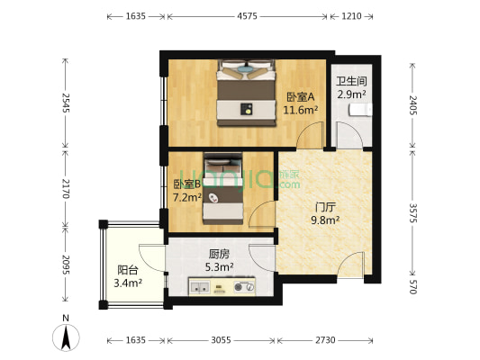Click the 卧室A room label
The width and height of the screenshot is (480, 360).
[x=300, y=97]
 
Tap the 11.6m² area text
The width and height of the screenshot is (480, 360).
[x=300, y=111]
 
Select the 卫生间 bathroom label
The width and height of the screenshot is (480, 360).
[x=350, y=80]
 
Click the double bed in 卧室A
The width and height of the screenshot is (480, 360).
[x=246, y=92]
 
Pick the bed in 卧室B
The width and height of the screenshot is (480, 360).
[x=222, y=188]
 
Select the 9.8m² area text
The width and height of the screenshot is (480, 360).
[x=324, y=219]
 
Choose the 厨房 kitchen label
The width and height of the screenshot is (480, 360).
[x=219, y=254]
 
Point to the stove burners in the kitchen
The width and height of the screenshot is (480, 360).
[x=242, y=287]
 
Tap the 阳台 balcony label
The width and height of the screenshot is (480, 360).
[x=128, y=269]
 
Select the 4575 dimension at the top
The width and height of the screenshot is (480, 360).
[x=248, y=16]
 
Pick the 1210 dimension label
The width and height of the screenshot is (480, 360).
[x=351, y=16]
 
